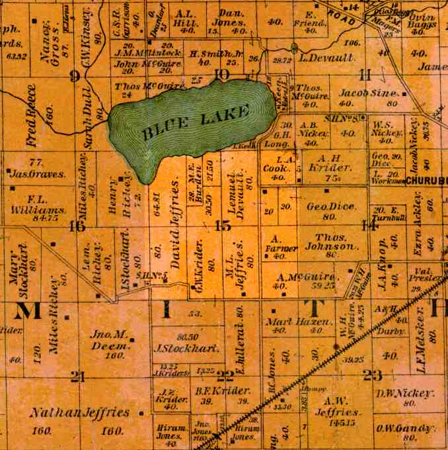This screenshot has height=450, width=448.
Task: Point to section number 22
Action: point(225,376)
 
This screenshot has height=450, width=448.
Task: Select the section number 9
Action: point(74,75)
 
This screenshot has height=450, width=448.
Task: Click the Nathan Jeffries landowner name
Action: point(79,413)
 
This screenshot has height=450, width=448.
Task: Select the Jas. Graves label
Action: point(38,175)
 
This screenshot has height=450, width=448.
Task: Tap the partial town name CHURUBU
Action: point(426,180)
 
